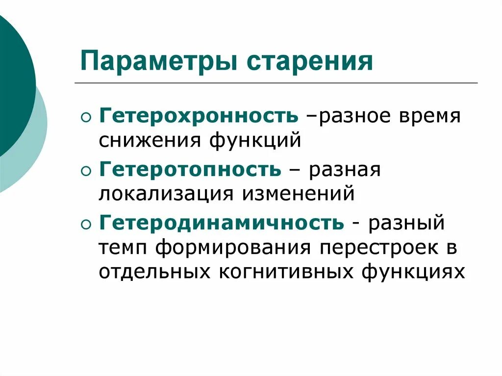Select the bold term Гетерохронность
click(199, 116)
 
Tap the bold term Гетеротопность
click(190, 170)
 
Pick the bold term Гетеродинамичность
click(222, 223)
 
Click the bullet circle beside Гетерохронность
click(86, 118)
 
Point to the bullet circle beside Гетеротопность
click(86, 171)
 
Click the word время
click(429, 117)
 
